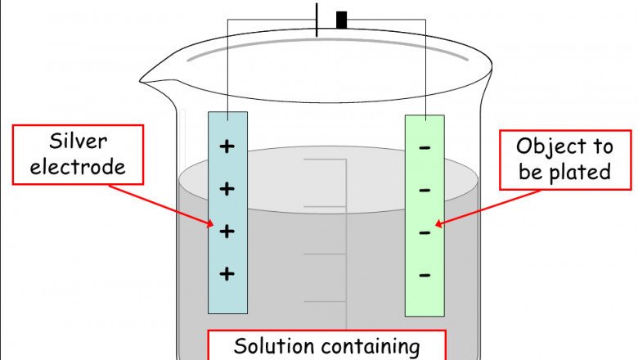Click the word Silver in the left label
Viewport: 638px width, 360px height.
(79, 142)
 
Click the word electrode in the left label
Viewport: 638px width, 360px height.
(79, 167)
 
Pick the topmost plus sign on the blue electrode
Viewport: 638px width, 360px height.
(227, 146)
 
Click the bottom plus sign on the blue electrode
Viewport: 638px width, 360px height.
(227, 273)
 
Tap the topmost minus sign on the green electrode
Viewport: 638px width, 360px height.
(425, 148)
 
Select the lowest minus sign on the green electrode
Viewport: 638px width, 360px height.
(425, 275)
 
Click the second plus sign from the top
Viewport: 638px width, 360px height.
(227, 189)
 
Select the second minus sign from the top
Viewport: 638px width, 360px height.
(425, 191)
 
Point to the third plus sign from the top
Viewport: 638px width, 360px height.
(227, 231)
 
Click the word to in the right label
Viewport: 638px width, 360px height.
(601, 147)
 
